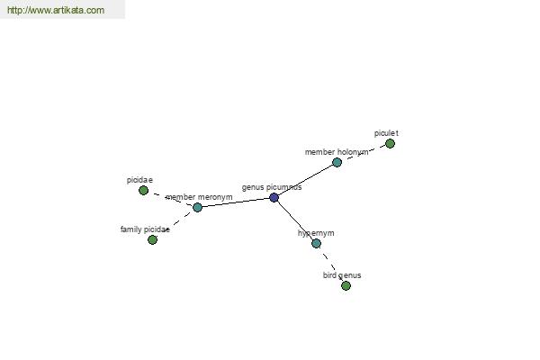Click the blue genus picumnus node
pyautogui.click(x=274, y=198)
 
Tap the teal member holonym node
pyautogui.click(x=337, y=162)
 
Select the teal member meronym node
pyautogui.click(x=197, y=207)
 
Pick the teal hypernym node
pyautogui.click(x=316, y=244)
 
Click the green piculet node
pyautogui.click(x=390, y=144)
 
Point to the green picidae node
pyautogui.click(x=144, y=191)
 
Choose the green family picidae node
pyautogui.click(x=153, y=239)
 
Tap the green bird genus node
pyautogui.click(x=346, y=285)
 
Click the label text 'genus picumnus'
pyautogui.click(x=272, y=187)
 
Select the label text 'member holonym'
pyautogui.click(x=337, y=152)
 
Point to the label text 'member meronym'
pyautogui.click(x=199, y=197)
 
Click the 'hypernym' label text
pyautogui.click(x=316, y=233)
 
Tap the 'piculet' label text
pyautogui.click(x=386, y=133)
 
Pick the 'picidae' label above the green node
pyautogui.click(x=139, y=180)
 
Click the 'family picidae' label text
pyautogui.click(x=145, y=229)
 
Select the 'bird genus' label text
pyautogui.click(x=342, y=275)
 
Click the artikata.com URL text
pyautogui.click(x=56, y=10)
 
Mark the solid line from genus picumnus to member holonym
pyautogui.click(x=305, y=180)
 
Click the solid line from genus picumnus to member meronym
pyautogui.click(x=236, y=202)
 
